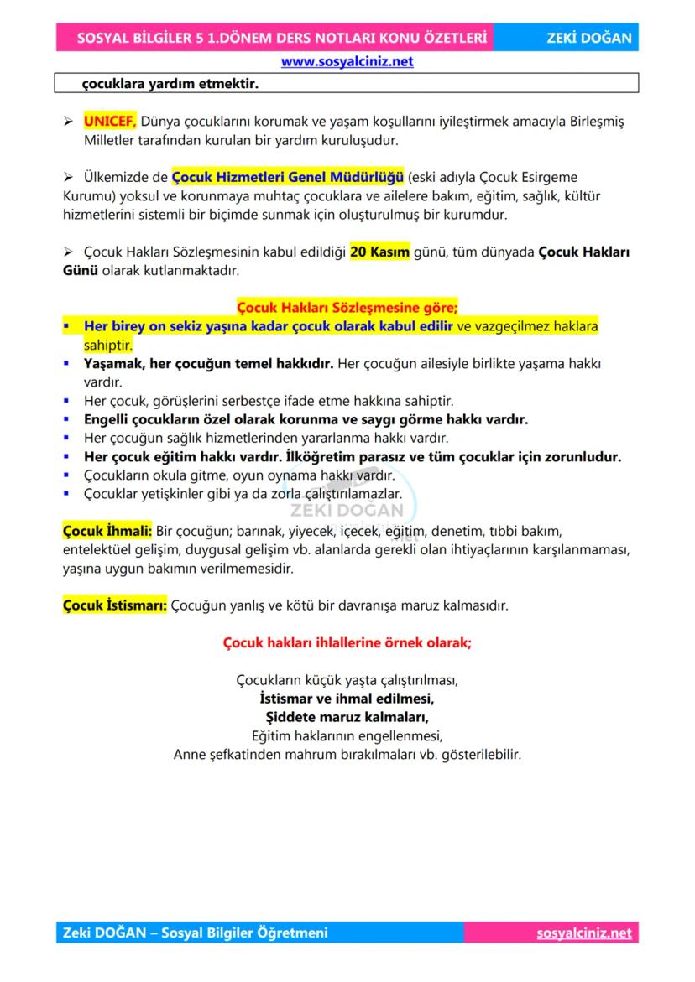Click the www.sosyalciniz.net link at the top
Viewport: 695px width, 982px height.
[x=347, y=61]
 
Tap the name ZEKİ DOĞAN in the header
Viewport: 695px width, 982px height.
[x=588, y=38]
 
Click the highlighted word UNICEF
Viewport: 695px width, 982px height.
[x=110, y=122]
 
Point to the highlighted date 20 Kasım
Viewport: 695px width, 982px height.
[x=379, y=252]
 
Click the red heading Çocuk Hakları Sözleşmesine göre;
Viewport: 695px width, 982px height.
[x=347, y=308]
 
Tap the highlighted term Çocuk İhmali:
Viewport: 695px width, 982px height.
[x=107, y=531]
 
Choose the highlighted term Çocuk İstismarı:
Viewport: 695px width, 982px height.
[x=115, y=605]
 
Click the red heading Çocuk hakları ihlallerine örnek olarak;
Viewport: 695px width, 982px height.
[x=347, y=643]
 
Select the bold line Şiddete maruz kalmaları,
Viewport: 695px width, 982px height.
[x=347, y=717]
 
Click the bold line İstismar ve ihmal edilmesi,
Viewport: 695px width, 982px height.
[x=347, y=698]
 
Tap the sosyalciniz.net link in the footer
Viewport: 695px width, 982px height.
[x=583, y=933]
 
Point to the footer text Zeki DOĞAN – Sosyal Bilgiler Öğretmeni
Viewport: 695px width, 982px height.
[x=196, y=933]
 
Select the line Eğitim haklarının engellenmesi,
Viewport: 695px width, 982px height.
[x=347, y=735]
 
